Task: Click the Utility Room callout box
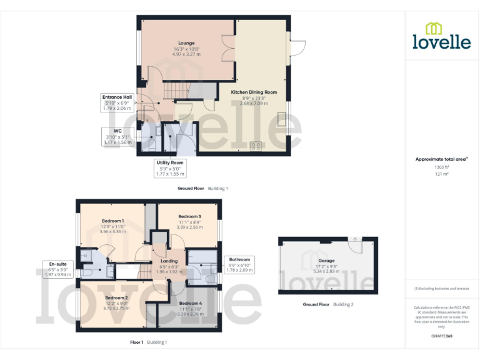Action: (169, 168)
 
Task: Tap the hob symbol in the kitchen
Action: (256, 146)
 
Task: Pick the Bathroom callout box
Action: (239, 264)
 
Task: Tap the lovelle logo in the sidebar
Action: (441, 36)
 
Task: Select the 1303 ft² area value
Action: (441, 167)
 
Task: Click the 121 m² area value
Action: (441, 174)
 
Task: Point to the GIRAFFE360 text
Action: (441, 336)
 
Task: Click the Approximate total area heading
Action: (441, 159)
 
